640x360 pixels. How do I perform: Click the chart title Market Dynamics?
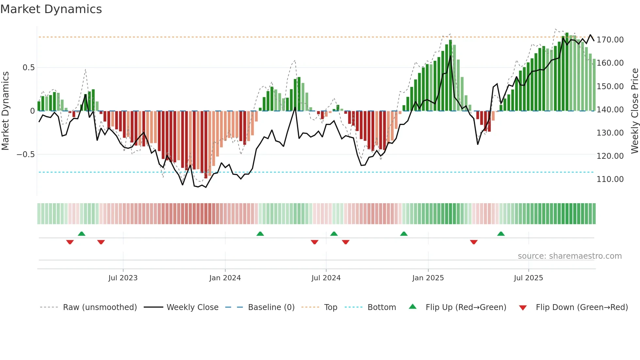51,9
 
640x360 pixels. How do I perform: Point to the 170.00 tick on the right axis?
610,40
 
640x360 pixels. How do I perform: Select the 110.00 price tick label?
610,179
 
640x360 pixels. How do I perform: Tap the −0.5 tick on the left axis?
25,155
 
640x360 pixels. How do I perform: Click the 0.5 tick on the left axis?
28,68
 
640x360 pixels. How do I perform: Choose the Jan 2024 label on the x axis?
225,278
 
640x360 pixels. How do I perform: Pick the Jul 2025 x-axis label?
528,278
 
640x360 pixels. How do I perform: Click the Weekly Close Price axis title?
634,111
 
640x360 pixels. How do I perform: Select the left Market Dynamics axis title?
5,111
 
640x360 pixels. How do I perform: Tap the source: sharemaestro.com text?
569,256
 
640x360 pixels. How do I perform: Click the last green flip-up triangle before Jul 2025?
501,234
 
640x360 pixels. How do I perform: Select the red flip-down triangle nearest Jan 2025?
474,242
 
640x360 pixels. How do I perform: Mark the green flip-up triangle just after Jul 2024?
334,234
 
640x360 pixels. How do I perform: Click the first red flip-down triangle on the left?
70,242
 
